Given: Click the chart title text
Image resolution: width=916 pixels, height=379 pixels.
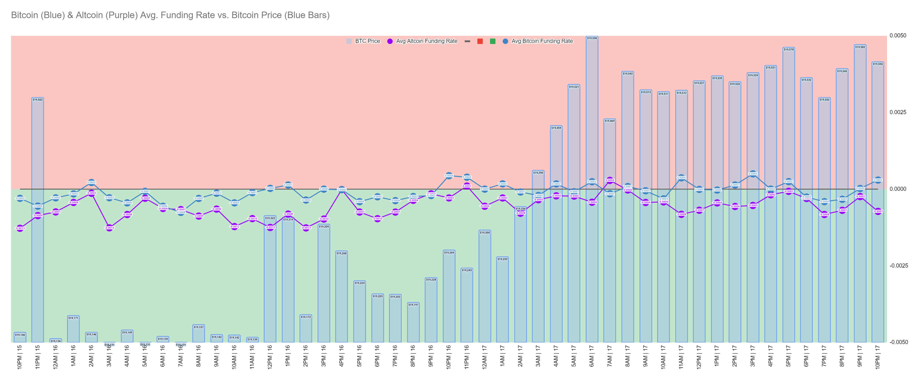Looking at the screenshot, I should tap(170, 15).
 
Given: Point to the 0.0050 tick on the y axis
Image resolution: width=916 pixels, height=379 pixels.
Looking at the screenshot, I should tap(898, 35).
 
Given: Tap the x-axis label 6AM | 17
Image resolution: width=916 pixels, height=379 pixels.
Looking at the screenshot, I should tap(592, 356).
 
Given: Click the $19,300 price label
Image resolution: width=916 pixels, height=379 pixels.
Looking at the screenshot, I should tap(485, 232).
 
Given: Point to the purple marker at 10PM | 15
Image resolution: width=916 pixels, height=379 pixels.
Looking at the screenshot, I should tap(20, 228).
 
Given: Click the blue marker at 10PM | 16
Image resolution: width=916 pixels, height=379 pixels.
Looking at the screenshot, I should tap(449, 176).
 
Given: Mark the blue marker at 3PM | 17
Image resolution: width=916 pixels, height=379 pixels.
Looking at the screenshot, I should tap(753, 174).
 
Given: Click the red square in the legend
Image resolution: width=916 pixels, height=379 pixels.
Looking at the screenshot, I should tap(480, 41).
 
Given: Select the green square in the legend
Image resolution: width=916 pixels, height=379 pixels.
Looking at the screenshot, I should tap(492, 41).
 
